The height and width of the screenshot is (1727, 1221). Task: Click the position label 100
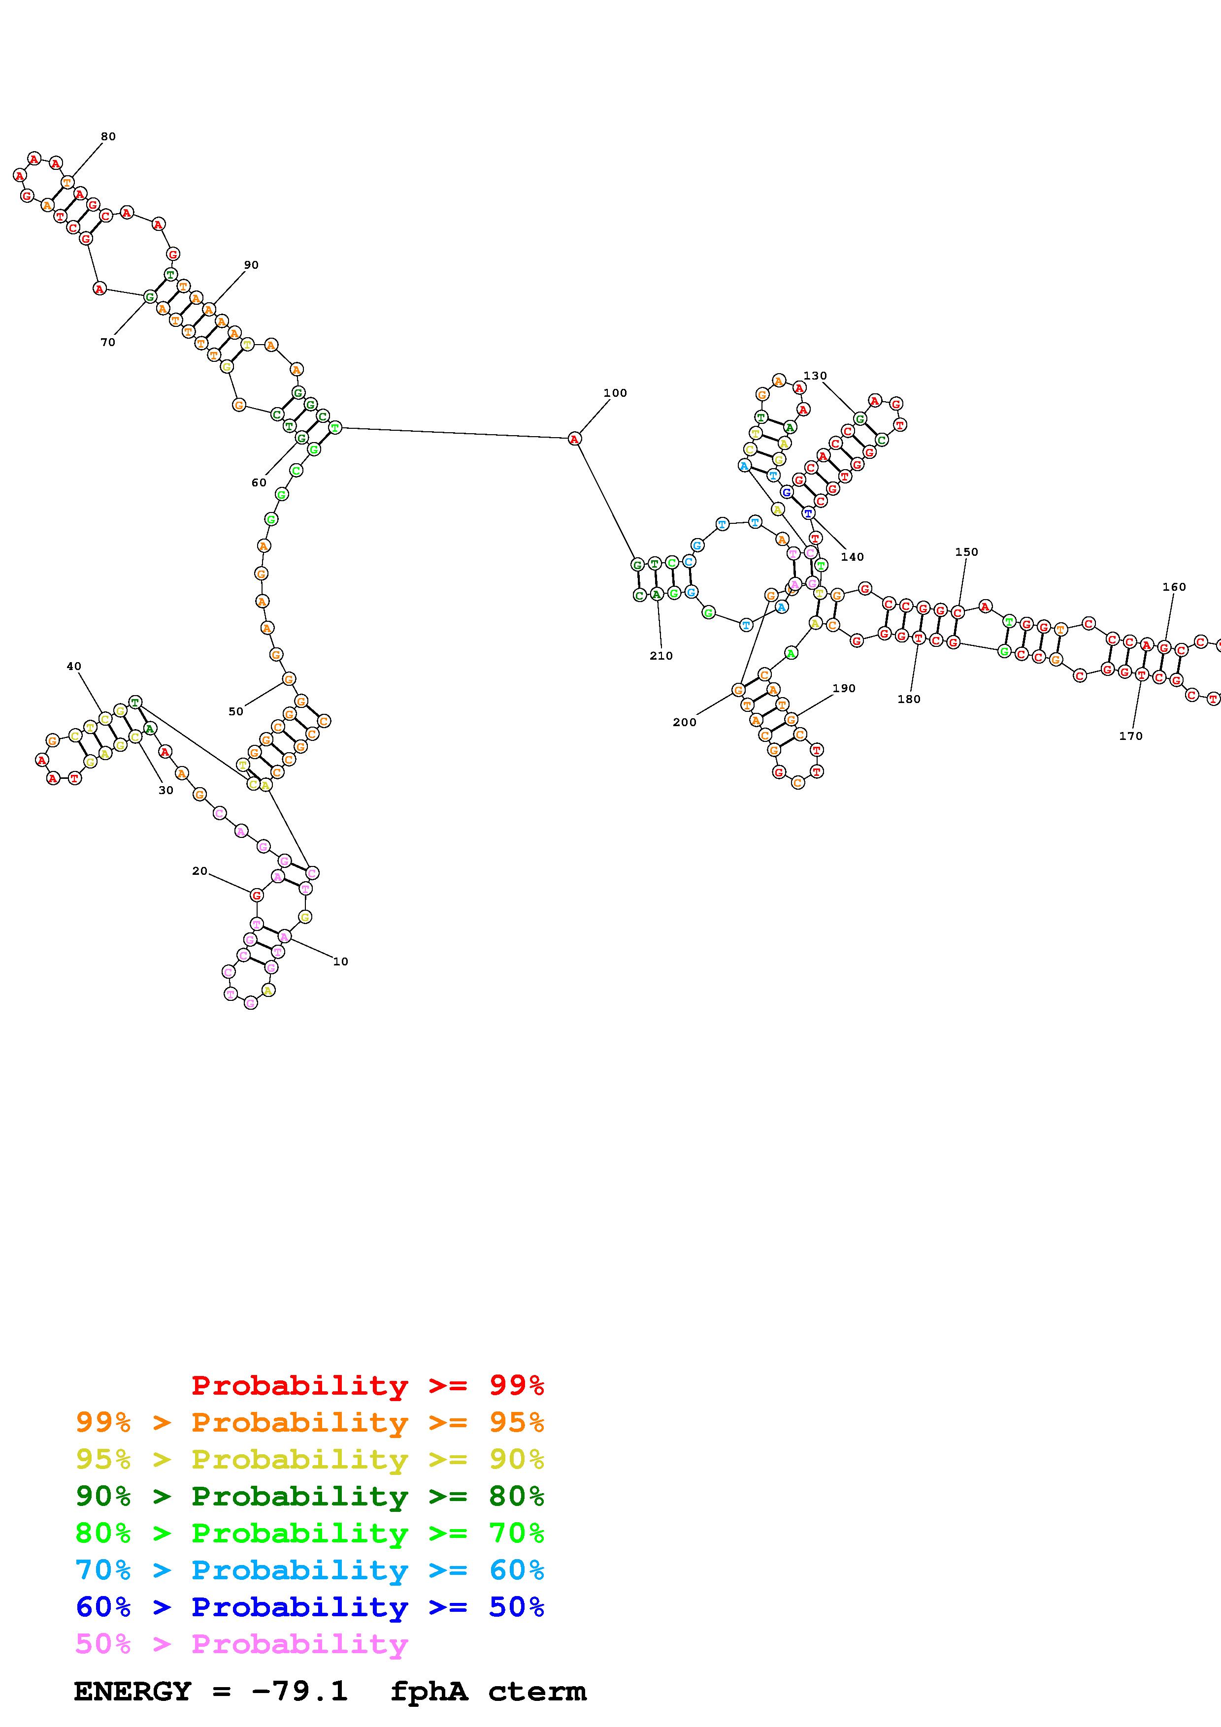click(x=615, y=393)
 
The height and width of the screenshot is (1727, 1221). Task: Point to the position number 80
click(x=108, y=136)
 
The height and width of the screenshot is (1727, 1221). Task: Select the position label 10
click(x=341, y=961)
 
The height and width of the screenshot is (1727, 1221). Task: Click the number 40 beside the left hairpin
click(x=74, y=667)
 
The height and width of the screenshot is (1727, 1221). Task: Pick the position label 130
click(x=815, y=375)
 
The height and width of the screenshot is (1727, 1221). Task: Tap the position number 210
click(x=661, y=656)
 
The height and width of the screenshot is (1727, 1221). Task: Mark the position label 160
click(x=1174, y=587)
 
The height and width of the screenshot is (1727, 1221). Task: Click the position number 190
click(x=844, y=688)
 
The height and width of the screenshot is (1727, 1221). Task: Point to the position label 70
click(x=107, y=342)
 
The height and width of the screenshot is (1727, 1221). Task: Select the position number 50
click(x=235, y=711)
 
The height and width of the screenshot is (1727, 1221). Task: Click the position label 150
click(x=967, y=551)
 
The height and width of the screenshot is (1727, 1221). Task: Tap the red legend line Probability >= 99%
click(x=367, y=1385)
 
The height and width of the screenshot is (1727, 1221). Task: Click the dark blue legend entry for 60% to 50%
click(x=310, y=1607)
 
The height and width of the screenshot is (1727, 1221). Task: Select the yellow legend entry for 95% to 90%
click(x=310, y=1459)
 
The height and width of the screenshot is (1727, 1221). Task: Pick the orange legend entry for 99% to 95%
click(x=310, y=1422)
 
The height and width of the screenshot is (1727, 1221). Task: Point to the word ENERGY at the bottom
click(x=132, y=1692)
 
